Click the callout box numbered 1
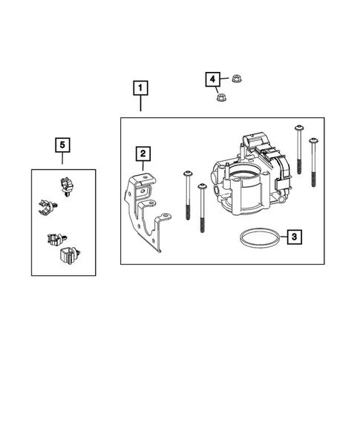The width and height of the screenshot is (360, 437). pos(140,88)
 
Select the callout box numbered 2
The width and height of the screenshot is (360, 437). pos(142,154)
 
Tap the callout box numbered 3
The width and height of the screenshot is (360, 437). pos(294,237)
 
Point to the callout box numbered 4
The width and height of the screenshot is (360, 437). pos(212,79)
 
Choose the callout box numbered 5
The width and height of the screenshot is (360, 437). pos(63,143)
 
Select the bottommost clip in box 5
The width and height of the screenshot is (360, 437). pos(65,257)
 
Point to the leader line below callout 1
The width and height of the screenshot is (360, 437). pos(140,103)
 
